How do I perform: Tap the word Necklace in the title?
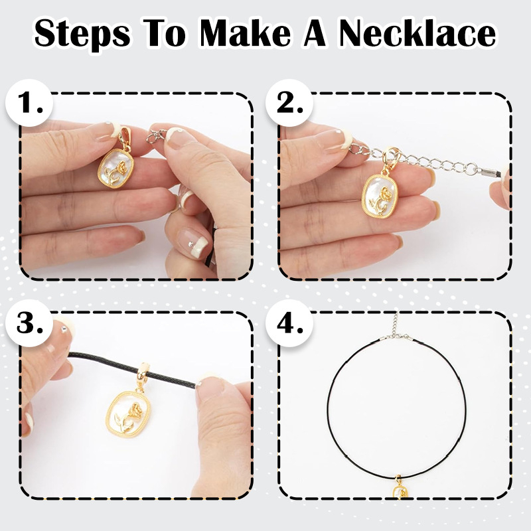coord(417,33)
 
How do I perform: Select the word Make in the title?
coord(246,33)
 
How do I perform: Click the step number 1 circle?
coord(29,103)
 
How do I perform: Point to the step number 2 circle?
coord(289,103)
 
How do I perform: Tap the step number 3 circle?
coord(29,323)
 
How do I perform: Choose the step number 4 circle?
coord(289,323)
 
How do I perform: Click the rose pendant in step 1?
coord(115,168)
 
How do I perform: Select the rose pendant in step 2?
coord(380,195)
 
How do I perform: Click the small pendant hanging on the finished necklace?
coord(400,488)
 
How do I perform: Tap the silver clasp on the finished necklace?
coord(396,336)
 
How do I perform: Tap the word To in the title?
coord(165,33)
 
